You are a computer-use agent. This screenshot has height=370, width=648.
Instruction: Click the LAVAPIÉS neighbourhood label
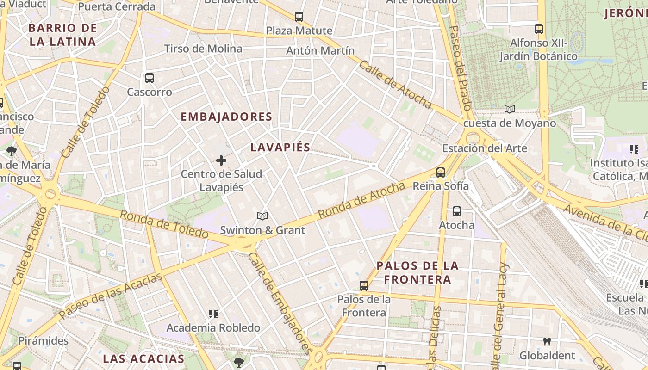[280, 147]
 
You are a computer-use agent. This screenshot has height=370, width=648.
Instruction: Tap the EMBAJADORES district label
[226, 117]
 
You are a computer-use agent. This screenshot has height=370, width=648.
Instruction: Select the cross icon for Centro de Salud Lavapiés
[221, 160]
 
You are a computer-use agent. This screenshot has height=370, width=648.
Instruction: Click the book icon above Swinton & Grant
[262, 216]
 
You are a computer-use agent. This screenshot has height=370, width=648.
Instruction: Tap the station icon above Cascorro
[149, 78]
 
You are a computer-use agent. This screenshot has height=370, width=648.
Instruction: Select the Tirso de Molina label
[203, 49]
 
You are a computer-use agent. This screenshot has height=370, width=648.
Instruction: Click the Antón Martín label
[320, 50]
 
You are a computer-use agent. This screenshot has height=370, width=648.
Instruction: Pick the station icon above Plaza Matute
[299, 17]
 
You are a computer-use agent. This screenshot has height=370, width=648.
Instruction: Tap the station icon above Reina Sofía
[440, 173]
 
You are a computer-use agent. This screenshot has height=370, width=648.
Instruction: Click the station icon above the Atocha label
[457, 211]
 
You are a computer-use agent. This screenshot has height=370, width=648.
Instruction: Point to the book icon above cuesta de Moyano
[510, 110]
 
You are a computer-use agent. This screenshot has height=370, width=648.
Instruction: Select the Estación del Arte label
[485, 148]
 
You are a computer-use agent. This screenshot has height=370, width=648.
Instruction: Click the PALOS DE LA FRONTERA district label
[417, 272]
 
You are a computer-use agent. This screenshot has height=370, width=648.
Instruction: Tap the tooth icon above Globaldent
[547, 342]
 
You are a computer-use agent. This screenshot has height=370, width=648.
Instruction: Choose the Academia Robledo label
[213, 328]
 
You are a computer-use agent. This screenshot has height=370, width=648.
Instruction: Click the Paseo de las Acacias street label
[111, 296]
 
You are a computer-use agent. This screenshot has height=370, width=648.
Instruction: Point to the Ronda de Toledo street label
[164, 224]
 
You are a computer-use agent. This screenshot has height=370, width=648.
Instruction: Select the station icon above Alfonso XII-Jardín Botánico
[539, 29]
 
